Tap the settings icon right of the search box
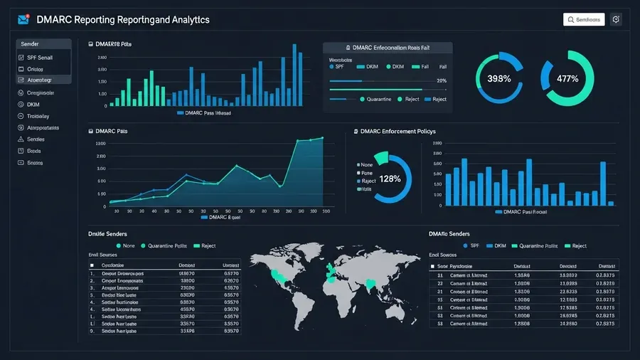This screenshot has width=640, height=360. (x=616, y=20)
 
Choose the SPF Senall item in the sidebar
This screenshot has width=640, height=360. (x=40, y=57)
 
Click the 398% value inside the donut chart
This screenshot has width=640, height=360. (x=498, y=78)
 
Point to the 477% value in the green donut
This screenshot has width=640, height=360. (x=567, y=78)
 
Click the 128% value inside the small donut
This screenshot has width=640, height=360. (x=390, y=179)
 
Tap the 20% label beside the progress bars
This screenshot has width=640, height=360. (x=441, y=81)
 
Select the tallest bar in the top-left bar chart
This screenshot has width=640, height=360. (x=294, y=75)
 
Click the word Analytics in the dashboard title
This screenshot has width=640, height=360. (x=187, y=20)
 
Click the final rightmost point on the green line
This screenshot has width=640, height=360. (x=322, y=138)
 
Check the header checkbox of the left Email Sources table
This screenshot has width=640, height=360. (x=92, y=264)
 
